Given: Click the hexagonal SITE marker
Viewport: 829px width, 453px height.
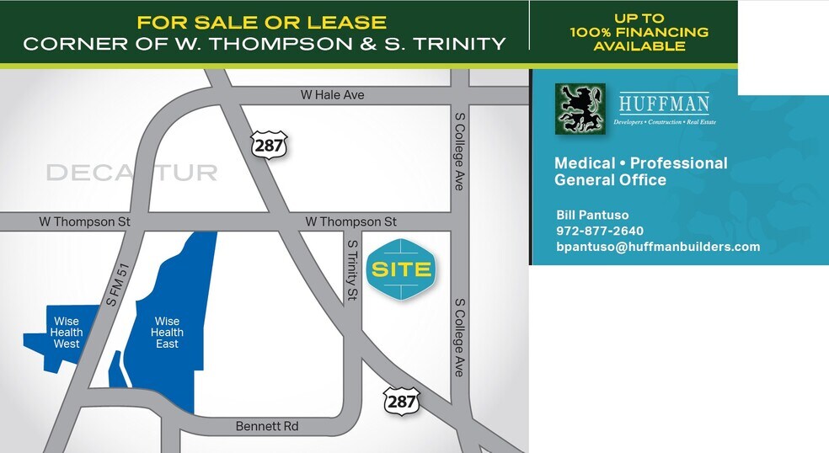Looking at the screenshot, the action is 401,270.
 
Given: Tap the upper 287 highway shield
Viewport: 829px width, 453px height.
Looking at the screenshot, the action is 269,144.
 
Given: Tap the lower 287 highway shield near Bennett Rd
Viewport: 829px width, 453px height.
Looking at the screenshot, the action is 401,401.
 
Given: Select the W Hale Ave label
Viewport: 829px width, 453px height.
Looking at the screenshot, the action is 333,95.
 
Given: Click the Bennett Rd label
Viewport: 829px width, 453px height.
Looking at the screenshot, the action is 266,427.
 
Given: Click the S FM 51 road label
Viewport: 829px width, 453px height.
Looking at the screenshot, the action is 116,284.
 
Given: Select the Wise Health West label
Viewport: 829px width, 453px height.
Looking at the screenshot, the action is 67,333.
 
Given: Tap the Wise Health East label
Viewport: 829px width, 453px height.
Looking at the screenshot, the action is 167,333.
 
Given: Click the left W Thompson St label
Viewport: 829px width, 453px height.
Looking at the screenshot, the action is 84,221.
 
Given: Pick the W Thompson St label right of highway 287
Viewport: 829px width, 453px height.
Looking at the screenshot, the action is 350,221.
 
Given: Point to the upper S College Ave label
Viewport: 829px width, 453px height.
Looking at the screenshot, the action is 459,152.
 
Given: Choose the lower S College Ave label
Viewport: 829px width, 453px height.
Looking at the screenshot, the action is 459,337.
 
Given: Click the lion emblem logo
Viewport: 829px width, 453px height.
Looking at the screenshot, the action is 580,109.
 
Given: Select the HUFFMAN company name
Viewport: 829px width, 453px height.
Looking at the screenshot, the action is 664,104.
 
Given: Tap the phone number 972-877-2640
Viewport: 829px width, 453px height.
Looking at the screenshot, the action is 600,231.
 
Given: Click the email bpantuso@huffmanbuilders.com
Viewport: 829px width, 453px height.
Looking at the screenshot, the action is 658,247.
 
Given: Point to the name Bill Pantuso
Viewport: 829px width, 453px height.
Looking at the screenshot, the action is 592,215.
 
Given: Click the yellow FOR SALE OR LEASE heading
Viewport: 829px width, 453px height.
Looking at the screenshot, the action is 261,23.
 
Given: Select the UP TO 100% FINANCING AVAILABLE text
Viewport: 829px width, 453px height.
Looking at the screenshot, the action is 639,32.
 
